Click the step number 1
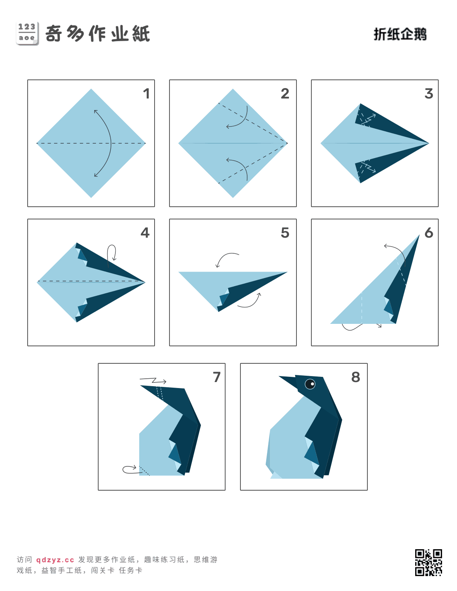tap(146, 94)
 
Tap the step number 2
tap(285, 94)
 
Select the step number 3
tap(429, 94)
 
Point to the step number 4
tap(145, 233)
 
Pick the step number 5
tap(285, 233)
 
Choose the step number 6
tap(429, 233)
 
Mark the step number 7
tap(217, 377)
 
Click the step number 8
tap(355, 377)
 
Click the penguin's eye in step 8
tap(310, 384)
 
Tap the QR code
tap(428, 562)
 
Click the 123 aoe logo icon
tap(27, 34)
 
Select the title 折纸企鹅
tap(400, 34)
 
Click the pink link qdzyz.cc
tap(55, 560)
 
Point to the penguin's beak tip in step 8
tap(279, 376)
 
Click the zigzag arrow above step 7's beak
tap(153, 381)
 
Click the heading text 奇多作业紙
tap(97, 34)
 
